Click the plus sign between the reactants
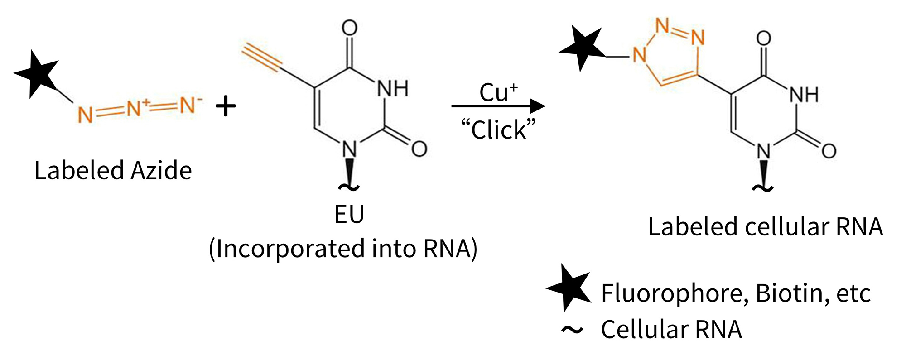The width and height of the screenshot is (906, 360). tap(226, 107)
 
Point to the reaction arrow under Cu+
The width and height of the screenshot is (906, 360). tap(498, 106)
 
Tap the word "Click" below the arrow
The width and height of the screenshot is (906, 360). tap(498, 130)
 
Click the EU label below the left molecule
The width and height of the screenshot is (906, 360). tap(349, 214)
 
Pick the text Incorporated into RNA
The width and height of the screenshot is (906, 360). tap(343, 249)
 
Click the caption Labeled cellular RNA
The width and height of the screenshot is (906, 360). tap(765, 226)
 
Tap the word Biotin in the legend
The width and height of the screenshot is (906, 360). tap(789, 293)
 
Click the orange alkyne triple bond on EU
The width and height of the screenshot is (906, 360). tap(262, 58)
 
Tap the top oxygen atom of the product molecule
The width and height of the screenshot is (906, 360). tap(764, 38)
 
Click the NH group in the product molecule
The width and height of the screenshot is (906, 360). tap(804, 95)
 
